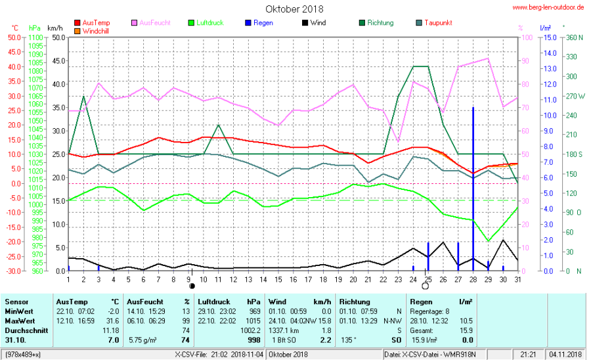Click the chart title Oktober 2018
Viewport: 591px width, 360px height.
pos(294,9)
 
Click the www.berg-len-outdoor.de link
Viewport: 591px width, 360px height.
pos(548,7)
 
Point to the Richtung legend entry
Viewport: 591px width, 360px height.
pos(380,23)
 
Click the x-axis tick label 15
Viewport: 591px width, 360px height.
pos(278,280)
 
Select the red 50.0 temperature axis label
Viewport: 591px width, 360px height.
pos(14,37)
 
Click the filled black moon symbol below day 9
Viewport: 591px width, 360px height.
pos(192,286)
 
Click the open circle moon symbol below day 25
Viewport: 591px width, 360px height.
pos(425,286)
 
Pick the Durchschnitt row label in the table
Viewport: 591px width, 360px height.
pos(26,330)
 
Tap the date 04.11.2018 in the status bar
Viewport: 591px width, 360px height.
pos(566,355)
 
